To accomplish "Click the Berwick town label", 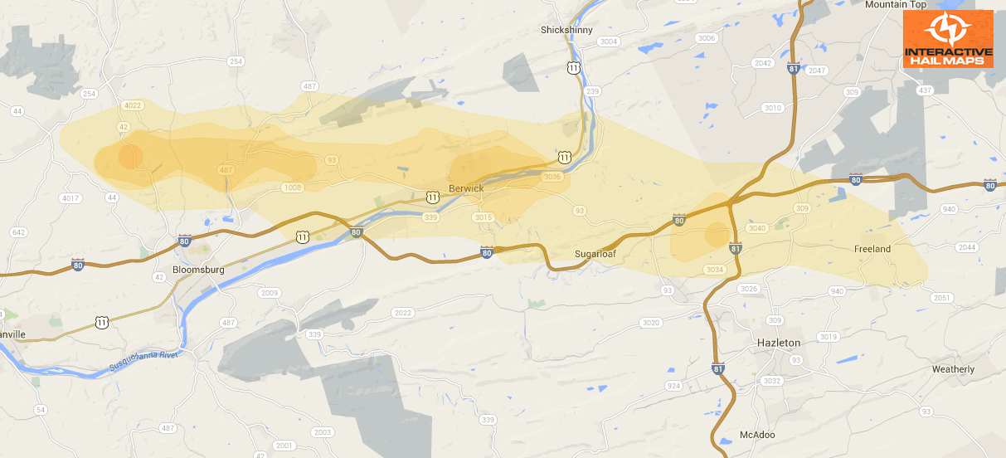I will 466,188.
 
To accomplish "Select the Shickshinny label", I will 566,30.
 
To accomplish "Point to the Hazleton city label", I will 779,343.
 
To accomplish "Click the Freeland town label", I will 872,249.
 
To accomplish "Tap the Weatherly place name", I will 953,369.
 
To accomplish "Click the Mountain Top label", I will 894,5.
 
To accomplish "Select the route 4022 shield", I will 133,105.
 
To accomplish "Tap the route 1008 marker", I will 293,188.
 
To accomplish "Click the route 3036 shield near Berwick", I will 552,177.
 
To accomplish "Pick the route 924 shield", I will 673,386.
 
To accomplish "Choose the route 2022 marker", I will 404,313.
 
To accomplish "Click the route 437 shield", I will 926,90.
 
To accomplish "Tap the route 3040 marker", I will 756,228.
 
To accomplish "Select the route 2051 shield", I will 941,298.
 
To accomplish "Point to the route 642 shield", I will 19,232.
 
